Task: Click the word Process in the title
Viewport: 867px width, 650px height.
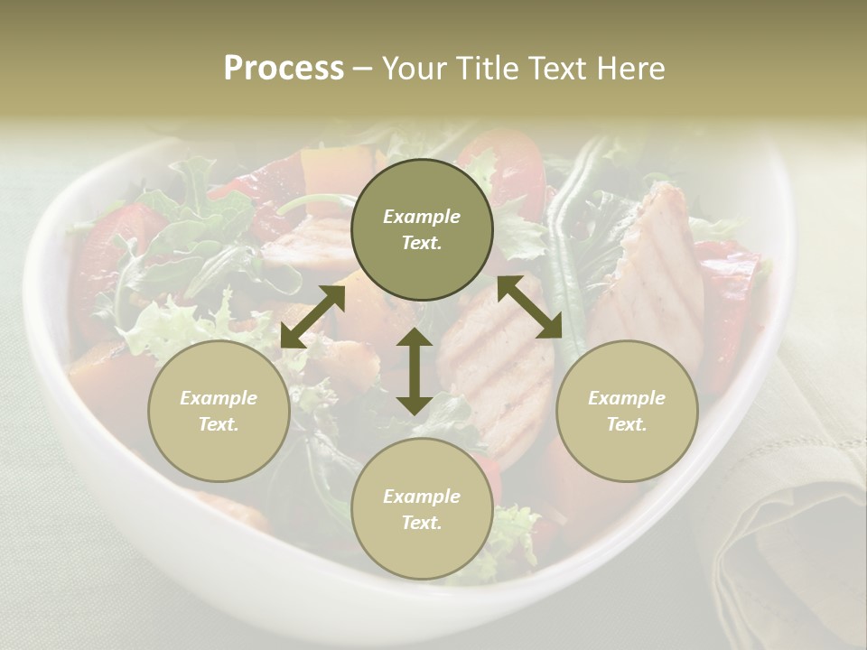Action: (284, 69)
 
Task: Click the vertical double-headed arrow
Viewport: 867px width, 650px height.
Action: (415, 371)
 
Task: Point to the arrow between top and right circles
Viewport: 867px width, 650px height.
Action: (530, 308)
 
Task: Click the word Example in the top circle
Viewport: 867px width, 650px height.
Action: (422, 217)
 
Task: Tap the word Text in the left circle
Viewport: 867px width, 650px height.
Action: (219, 424)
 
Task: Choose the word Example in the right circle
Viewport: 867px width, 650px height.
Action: (627, 398)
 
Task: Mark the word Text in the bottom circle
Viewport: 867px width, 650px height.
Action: (422, 523)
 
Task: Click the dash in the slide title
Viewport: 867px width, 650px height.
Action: (362, 69)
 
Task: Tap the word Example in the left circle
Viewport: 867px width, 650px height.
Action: (219, 398)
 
